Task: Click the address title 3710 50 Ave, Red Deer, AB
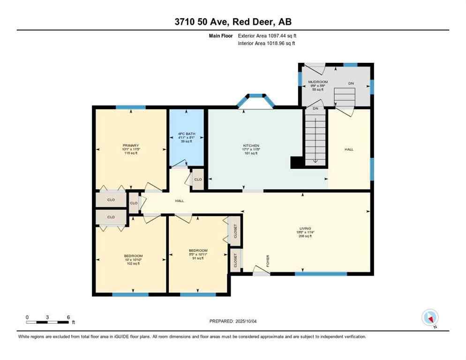(x=233, y=22)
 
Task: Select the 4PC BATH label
(x=186, y=137)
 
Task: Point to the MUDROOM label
(x=318, y=85)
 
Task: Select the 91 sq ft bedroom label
(x=198, y=254)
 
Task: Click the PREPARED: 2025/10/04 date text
(x=233, y=321)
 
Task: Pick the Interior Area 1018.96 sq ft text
(x=266, y=43)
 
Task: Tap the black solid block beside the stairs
(x=297, y=162)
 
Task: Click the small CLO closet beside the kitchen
(x=198, y=179)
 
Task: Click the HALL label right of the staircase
(x=349, y=149)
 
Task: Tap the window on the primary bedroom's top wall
(x=130, y=107)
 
